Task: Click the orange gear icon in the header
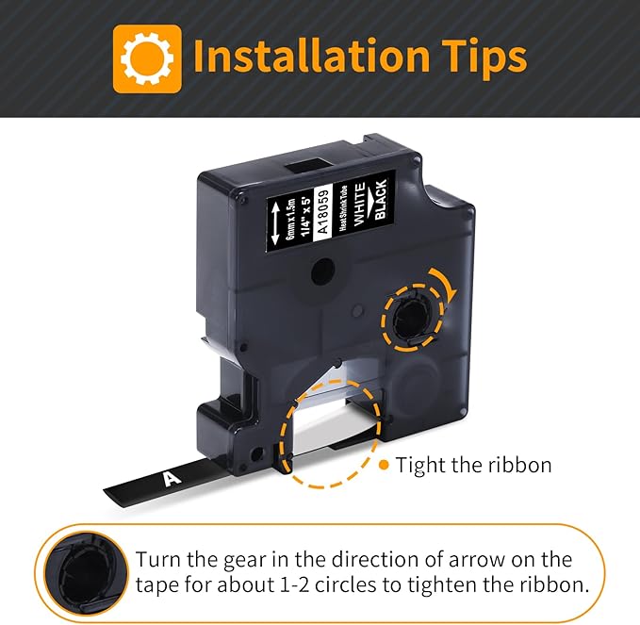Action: click(147, 58)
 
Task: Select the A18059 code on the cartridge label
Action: click(322, 210)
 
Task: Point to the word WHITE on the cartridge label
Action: click(359, 205)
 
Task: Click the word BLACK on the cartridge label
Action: click(381, 199)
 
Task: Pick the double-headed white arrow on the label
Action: click(275, 223)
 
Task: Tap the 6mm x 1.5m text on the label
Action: click(290, 220)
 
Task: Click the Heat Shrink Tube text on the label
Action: click(343, 208)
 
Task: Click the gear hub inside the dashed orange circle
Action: click(412, 319)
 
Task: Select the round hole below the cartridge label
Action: click(323, 271)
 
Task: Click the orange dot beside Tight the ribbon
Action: click(384, 465)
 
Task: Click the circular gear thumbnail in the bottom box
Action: click(86, 573)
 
